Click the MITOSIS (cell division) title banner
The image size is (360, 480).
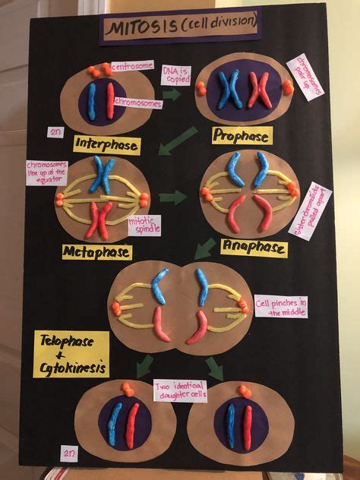[x=182, y=28]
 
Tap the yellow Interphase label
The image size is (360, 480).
[x=106, y=144]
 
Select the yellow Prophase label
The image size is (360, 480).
[x=242, y=136]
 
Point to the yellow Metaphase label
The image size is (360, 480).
[x=97, y=251]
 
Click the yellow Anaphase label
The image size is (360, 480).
[x=254, y=248]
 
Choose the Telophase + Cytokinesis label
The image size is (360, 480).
[x=71, y=354]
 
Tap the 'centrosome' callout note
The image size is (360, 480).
[x=131, y=67]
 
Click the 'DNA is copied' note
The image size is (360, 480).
[x=175, y=74]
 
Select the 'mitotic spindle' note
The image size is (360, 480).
[x=144, y=225]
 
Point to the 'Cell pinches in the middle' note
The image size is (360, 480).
[x=280, y=306]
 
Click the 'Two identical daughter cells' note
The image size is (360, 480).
[x=180, y=390]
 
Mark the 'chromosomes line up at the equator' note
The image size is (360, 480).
[x=46, y=172]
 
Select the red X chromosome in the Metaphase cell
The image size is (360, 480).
[x=99, y=219]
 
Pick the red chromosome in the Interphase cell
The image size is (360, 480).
[x=110, y=101]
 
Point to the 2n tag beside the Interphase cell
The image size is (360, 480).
[x=55, y=131]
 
